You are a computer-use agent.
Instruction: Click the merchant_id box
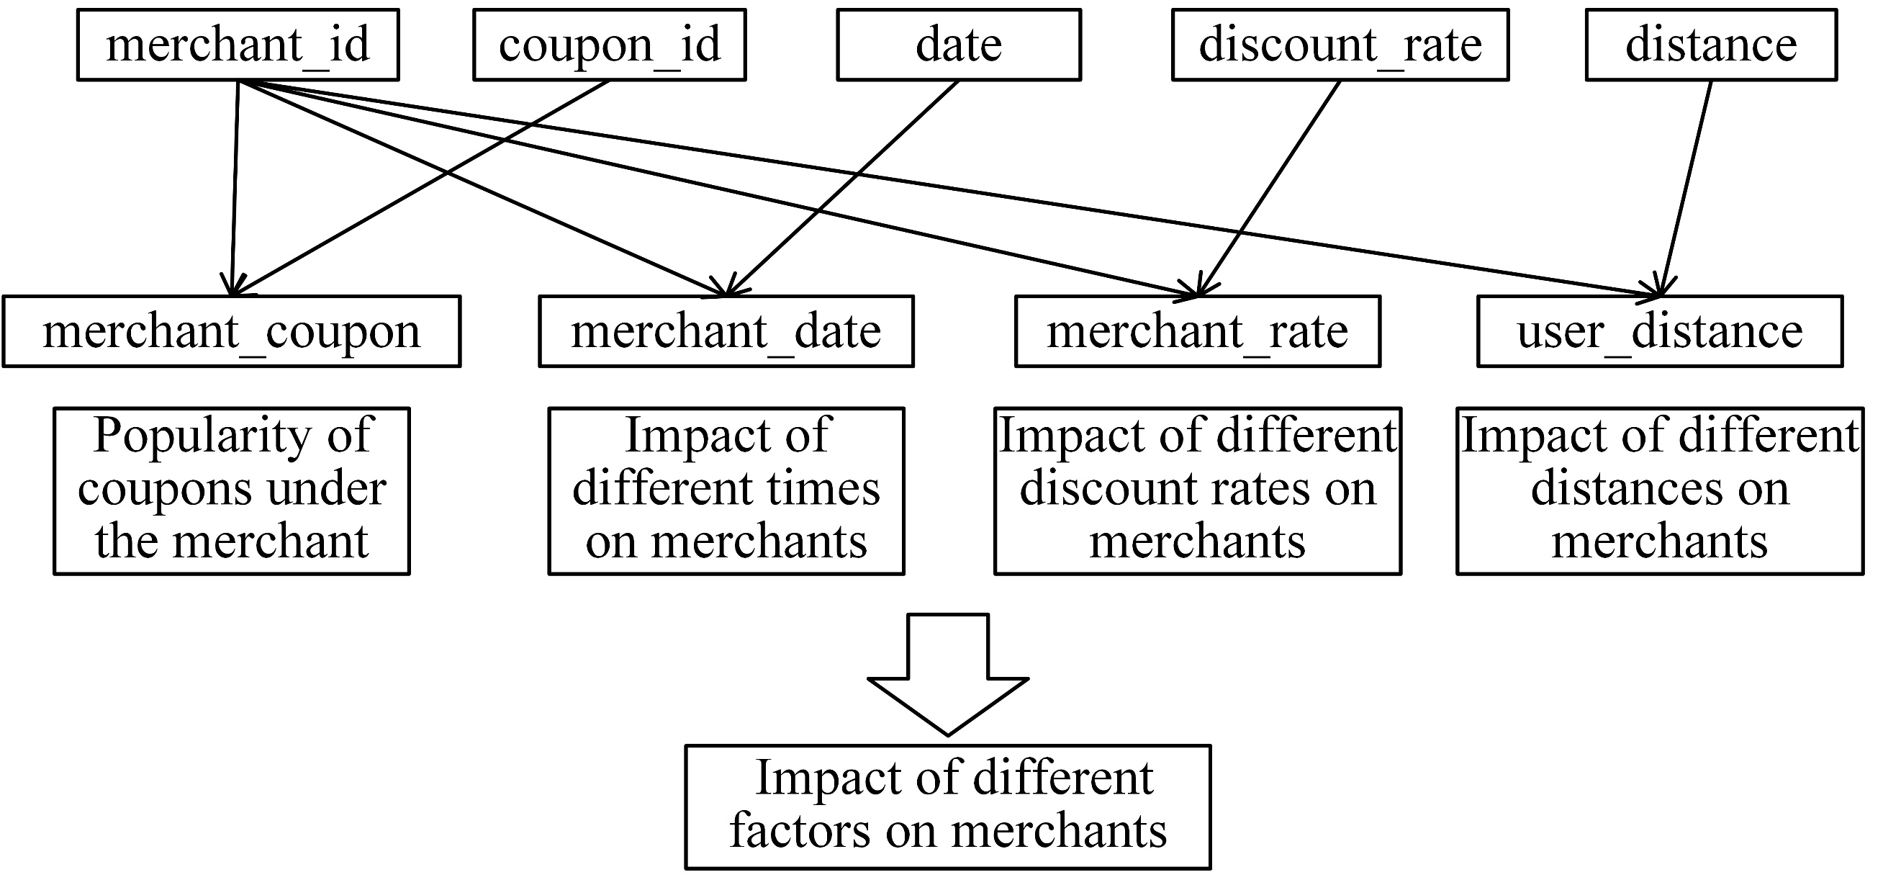[x=238, y=45]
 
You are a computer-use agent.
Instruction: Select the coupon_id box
[x=609, y=45]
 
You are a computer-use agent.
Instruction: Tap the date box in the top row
[x=958, y=45]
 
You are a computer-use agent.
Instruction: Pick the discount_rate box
[x=1340, y=45]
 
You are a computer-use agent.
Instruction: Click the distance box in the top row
[x=1710, y=45]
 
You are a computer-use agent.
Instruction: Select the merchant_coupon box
[x=231, y=331]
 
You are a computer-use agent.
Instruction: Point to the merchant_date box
[x=726, y=331]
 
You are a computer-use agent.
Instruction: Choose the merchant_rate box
[x=1197, y=331]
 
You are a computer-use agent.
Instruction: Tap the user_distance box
[x=1659, y=331]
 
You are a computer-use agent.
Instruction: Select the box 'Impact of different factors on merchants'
[x=947, y=806]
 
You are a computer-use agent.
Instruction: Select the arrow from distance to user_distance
[x=1686, y=184]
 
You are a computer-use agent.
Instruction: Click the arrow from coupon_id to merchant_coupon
[x=420, y=188]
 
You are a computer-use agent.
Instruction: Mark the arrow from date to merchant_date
[x=841, y=188]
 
